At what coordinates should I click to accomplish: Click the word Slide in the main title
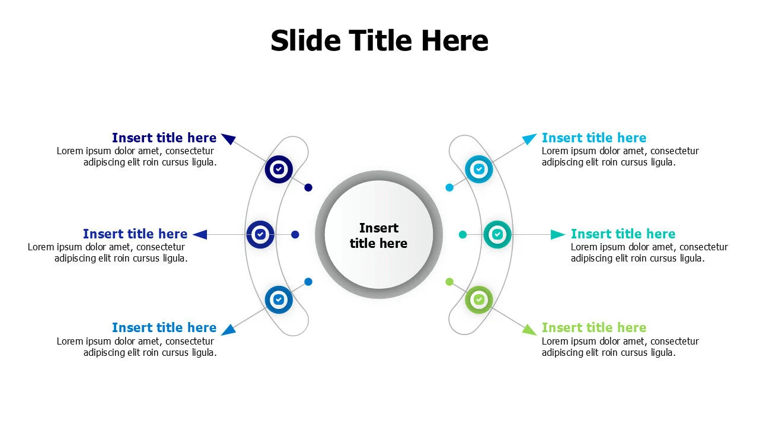(305, 40)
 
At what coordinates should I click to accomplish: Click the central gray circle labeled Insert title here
(379, 234)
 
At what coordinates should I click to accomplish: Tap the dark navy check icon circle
(279, 169)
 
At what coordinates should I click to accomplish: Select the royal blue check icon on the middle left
(260, 234)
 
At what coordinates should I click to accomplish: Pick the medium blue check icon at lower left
(279, 299)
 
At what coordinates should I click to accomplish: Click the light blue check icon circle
(479, 169)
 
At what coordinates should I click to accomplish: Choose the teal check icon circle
(498, 234)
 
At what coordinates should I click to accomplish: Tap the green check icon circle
(479, 299)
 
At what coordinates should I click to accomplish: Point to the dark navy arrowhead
(229, 138)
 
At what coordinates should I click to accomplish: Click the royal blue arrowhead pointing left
(200, 234)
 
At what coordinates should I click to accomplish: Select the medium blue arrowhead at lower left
(229, 330)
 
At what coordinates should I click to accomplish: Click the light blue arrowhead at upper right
(529, 139)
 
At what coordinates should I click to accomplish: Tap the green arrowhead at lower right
(529, 330)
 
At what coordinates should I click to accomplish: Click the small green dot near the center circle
(449, 282)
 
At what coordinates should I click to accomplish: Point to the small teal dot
(463, 234)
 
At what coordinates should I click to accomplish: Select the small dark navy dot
(308, 187)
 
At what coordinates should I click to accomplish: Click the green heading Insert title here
(594, 328)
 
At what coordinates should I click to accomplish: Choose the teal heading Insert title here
(623, 234)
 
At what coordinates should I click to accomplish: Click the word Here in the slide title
(455, 40)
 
